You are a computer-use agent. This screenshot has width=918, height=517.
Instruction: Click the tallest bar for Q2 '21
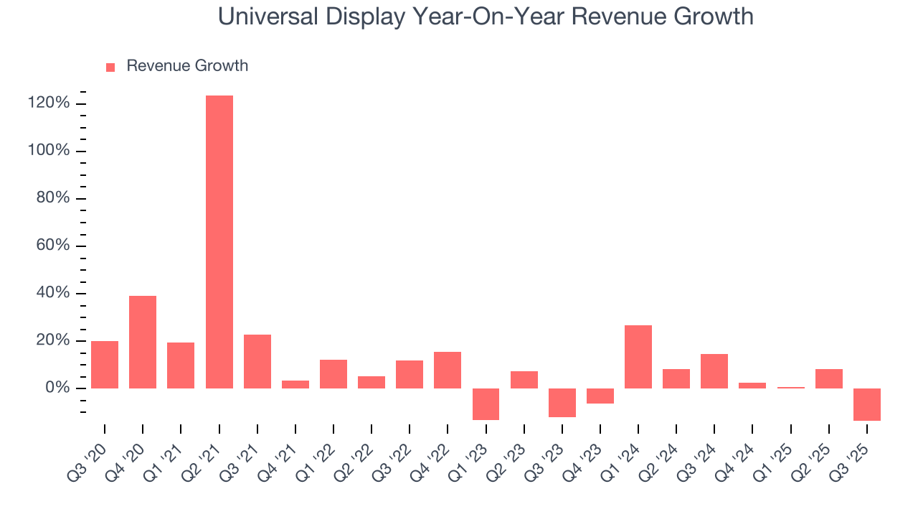(x=219, y=242)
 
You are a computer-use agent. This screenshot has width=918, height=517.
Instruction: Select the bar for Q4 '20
(x=143, y=342)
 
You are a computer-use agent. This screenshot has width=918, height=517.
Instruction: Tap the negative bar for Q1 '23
(x=486, y=404)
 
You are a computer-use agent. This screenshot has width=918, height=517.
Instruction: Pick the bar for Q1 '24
(x=638, y=357)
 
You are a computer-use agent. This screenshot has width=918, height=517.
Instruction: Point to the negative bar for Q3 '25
(x=867, y=404)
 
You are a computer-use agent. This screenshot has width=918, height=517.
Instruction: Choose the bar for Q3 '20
(x=105, y=365)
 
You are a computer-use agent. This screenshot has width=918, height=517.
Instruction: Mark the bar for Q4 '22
(x=448, y=370)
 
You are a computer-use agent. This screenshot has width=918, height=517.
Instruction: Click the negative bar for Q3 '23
(x=562, y=403)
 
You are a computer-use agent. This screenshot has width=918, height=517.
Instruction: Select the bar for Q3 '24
(x=714, y=371)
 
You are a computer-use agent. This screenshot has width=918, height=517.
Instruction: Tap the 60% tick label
(x=54, y=246)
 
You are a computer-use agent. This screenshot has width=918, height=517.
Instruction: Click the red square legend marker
(x=110, y=67)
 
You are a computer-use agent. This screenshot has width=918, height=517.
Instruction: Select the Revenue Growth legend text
(x=187, y=66)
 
